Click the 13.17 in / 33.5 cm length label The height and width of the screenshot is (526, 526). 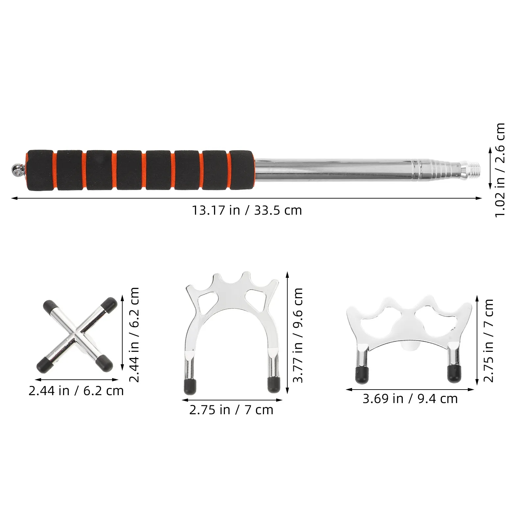pos(247,210)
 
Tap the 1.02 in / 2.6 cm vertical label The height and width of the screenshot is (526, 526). pos(500,170)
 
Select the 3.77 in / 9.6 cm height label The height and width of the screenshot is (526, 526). pos(298,335)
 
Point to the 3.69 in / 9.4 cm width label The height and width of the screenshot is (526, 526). pos(410,399)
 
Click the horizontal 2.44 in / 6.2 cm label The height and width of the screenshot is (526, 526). pos(76,391)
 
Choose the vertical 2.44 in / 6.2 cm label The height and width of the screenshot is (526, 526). pos(134,334)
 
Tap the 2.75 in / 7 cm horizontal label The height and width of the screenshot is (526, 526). pos(231,410)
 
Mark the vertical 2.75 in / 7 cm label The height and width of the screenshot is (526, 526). pos(489,341)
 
